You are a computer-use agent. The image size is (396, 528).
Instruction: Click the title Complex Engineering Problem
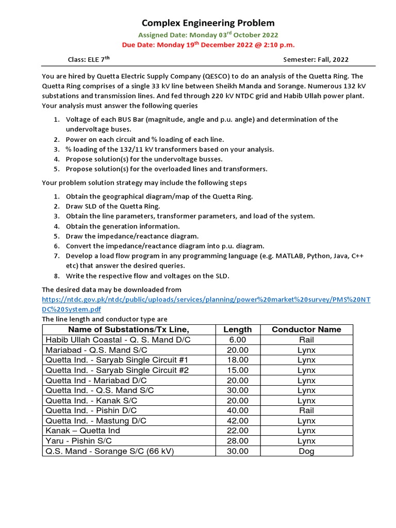point(208,23)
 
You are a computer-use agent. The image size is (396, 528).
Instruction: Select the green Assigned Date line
point(208,35)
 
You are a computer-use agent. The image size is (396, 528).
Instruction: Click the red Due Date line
point(208,45)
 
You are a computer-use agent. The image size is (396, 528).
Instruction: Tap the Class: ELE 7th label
point(89,60)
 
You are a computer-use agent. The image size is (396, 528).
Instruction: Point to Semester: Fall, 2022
point(316,60)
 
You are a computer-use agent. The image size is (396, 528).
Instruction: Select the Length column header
point(238,329)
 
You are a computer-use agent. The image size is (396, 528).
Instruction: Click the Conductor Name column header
point(306,329)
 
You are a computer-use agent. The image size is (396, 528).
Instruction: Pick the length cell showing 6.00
point(238,340)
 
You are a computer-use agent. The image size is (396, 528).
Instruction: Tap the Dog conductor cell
point(306,451)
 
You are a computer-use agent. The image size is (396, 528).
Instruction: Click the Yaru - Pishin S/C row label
point(78,441)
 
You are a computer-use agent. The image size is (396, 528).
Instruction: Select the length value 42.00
point(238,421)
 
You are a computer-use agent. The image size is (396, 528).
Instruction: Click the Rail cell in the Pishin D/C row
point(306,410)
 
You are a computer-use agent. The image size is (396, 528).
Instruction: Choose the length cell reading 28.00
point(238,441)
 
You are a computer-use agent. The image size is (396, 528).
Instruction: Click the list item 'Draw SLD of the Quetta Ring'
point(113,206)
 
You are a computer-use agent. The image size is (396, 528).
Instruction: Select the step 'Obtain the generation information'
point(123,226)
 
